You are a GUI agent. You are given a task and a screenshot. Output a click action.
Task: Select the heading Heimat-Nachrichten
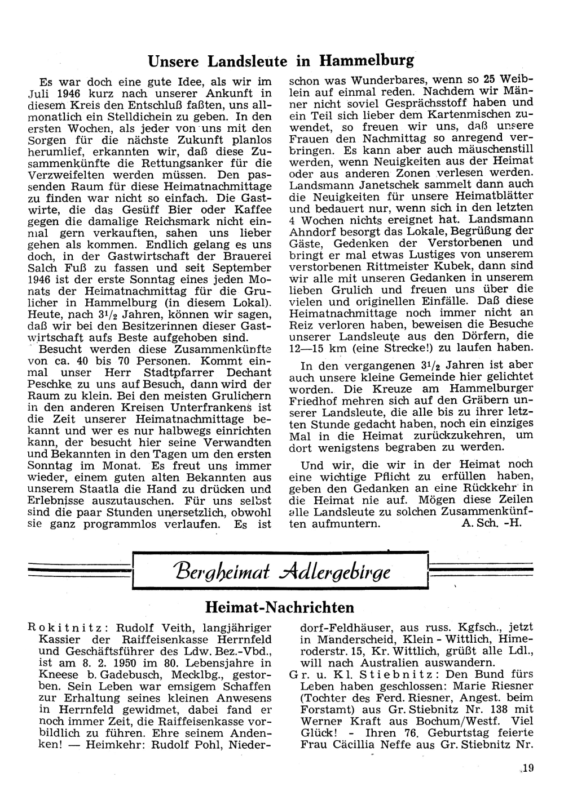click(280, 607)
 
